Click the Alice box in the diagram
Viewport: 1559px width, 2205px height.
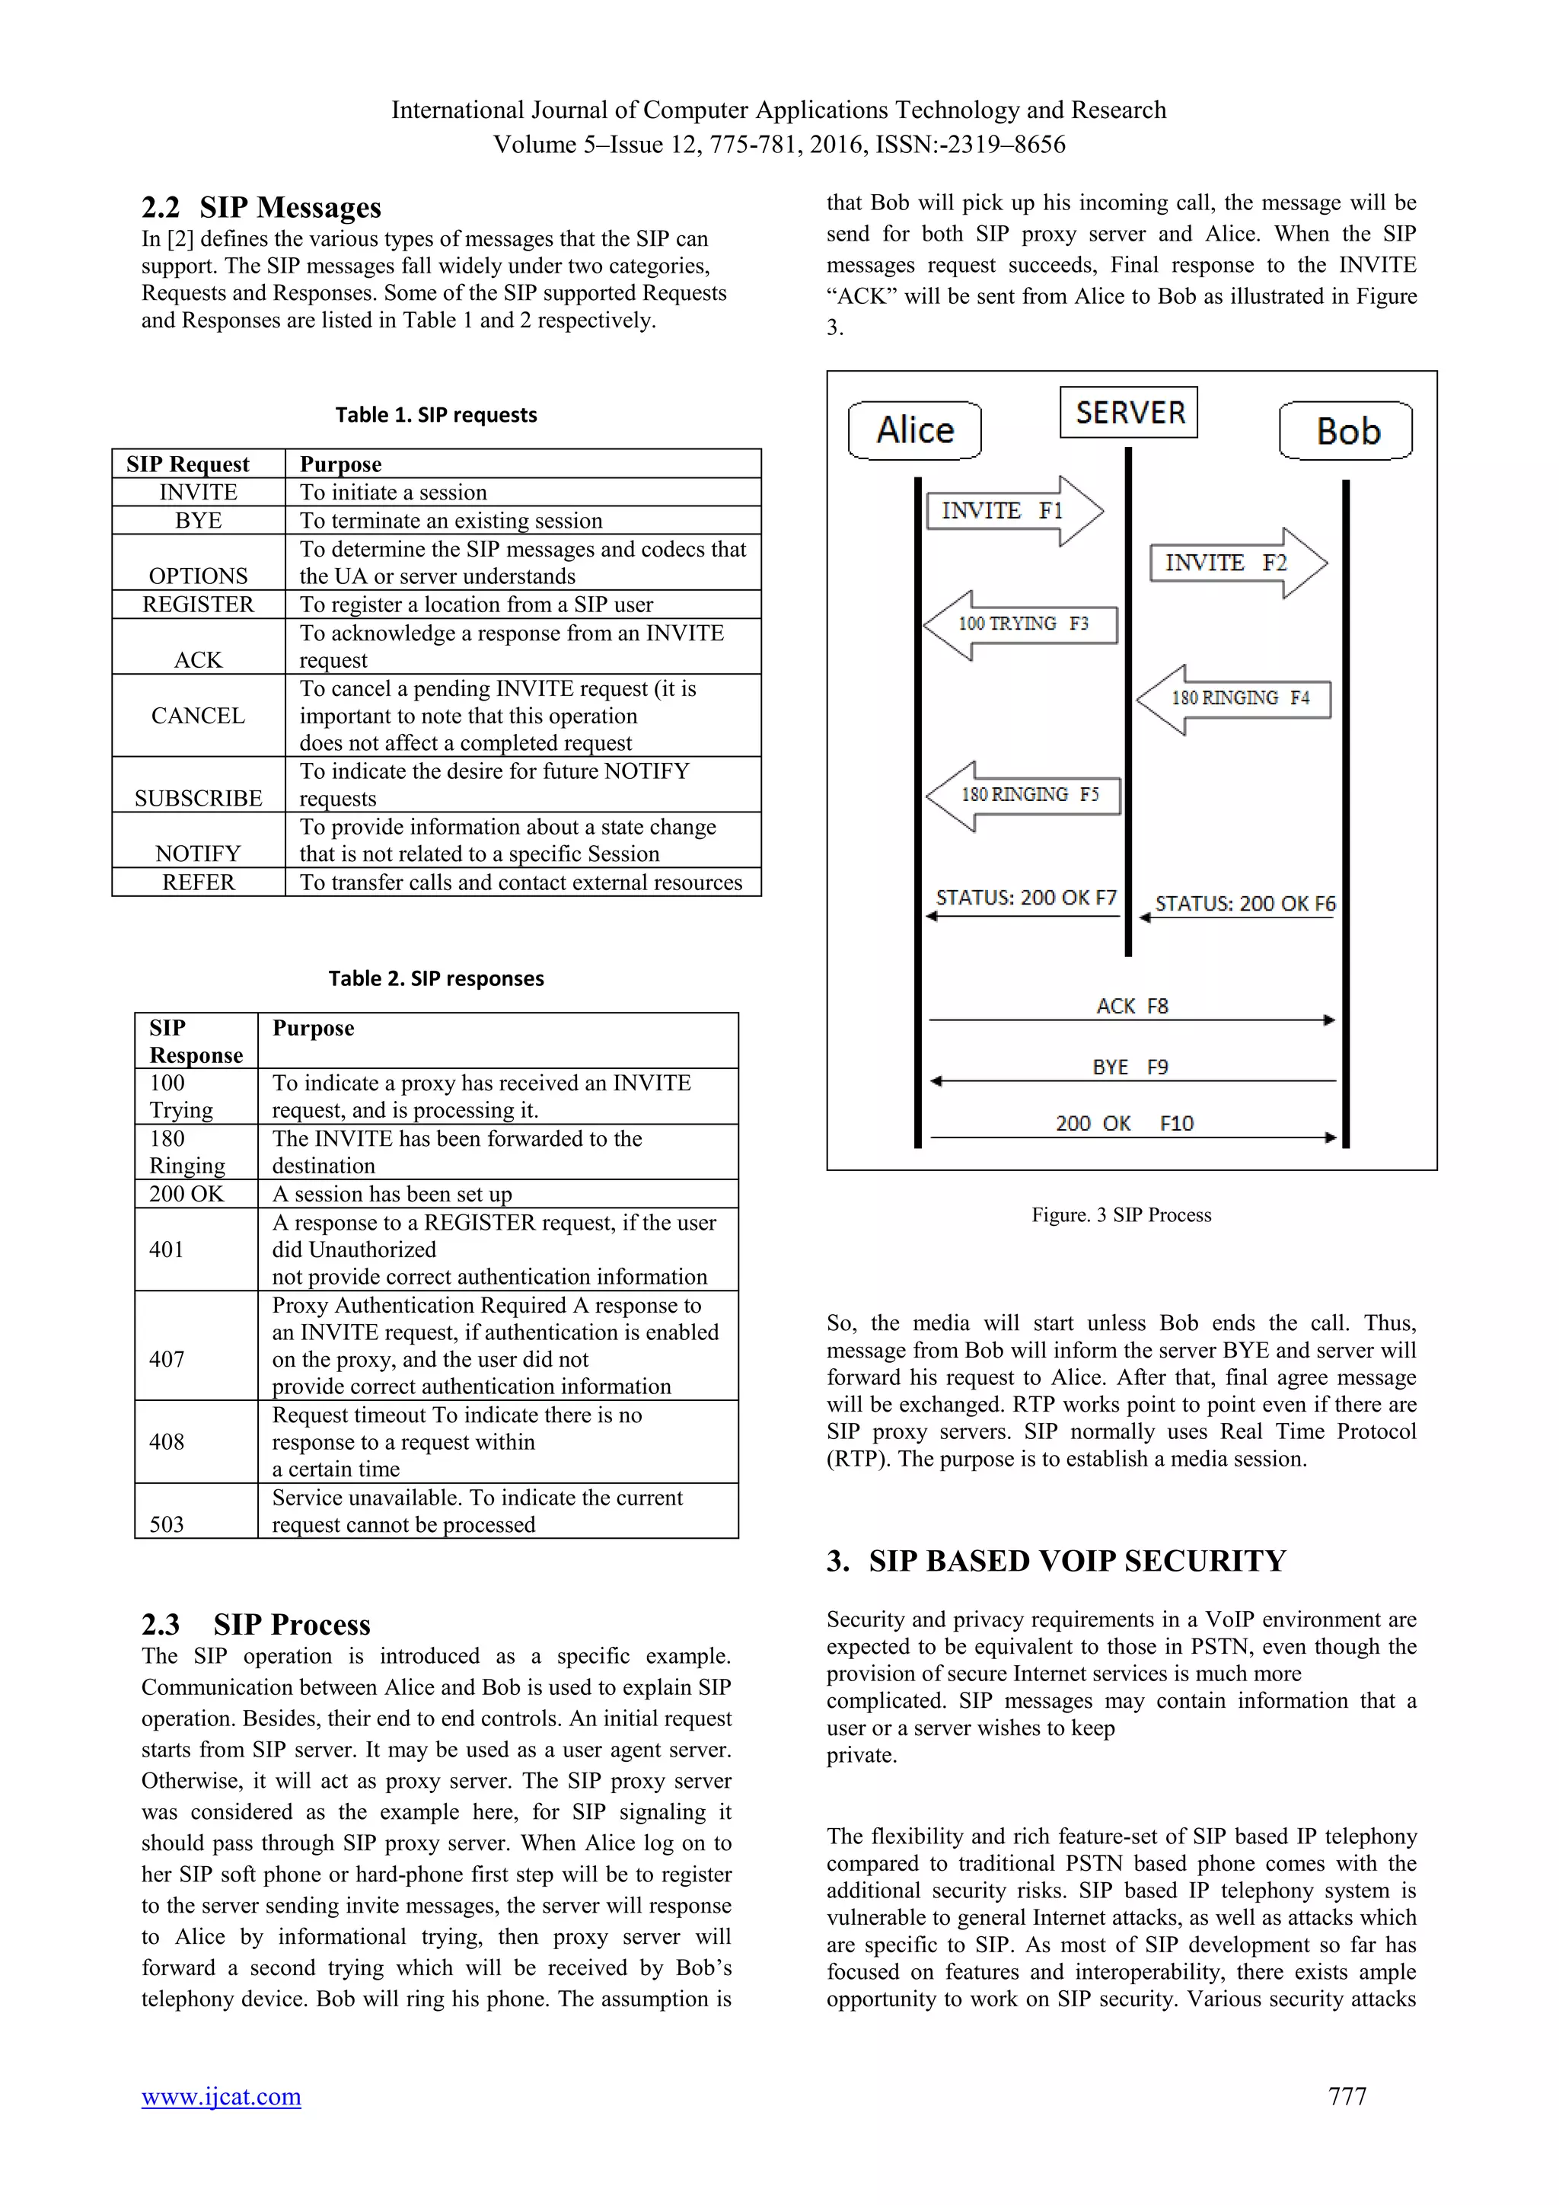tap(915, 430)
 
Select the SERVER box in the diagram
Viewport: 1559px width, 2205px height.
tap(1129, 413)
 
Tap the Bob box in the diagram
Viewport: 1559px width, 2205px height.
tap(1346, 431)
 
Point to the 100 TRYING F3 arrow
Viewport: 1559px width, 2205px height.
tap(1022, 624)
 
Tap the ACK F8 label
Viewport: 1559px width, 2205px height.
tap(1132, 1006)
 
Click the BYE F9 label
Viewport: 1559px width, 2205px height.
tap(1130, 1067)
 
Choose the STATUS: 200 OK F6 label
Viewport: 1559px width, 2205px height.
tap(1244, 904)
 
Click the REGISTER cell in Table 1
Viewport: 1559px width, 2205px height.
tap(199, 604)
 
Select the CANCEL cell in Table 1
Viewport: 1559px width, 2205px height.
tap(199, 716)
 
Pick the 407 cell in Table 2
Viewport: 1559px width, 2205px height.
tap(167, 1359)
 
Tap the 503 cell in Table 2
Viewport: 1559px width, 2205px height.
tap(167, 1524)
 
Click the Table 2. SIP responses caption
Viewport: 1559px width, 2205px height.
tap(436, 978)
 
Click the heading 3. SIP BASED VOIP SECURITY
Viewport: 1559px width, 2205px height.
tap(1056, 1561)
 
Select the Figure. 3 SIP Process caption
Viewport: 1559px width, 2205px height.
tap(1121, 1215)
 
